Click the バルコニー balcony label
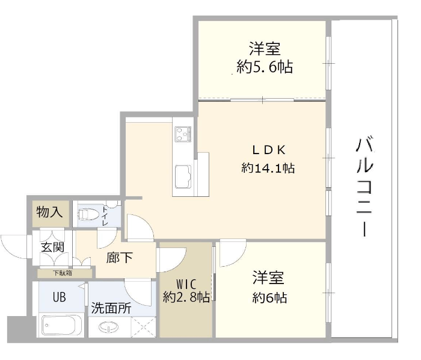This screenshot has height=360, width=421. click(x=364, y=187)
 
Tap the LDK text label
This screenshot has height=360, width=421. click(x=269, y=150)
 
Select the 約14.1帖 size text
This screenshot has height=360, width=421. click(x=268, y=168)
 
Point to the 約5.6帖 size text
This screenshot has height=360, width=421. click(x=265, y=67)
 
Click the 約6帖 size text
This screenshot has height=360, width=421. click(x=269, y=297)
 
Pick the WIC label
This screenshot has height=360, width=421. click(x=186, y=284)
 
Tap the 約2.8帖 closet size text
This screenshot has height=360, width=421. click(x=186, y=297)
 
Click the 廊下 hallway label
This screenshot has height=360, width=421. click(x=119, y=258)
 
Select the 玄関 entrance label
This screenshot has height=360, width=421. click(x=53, y=247)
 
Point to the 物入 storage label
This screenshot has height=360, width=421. click(x=49, y=213)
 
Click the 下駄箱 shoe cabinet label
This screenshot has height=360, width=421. click(x=63, y=273)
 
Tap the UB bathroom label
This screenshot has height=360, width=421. click(x=59, y=297)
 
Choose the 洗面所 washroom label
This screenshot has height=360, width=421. click(x=111, y=308)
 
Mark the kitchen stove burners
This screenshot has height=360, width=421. click(x=183, y=134)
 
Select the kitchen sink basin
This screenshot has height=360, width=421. click(x=183, y=176)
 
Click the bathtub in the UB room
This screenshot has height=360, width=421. click(x=62, y=325)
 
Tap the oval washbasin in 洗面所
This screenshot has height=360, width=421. click(x=109, y=327)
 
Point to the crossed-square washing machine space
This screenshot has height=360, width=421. click(x=143, y=327)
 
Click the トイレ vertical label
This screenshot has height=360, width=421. click(x=105, y=216)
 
